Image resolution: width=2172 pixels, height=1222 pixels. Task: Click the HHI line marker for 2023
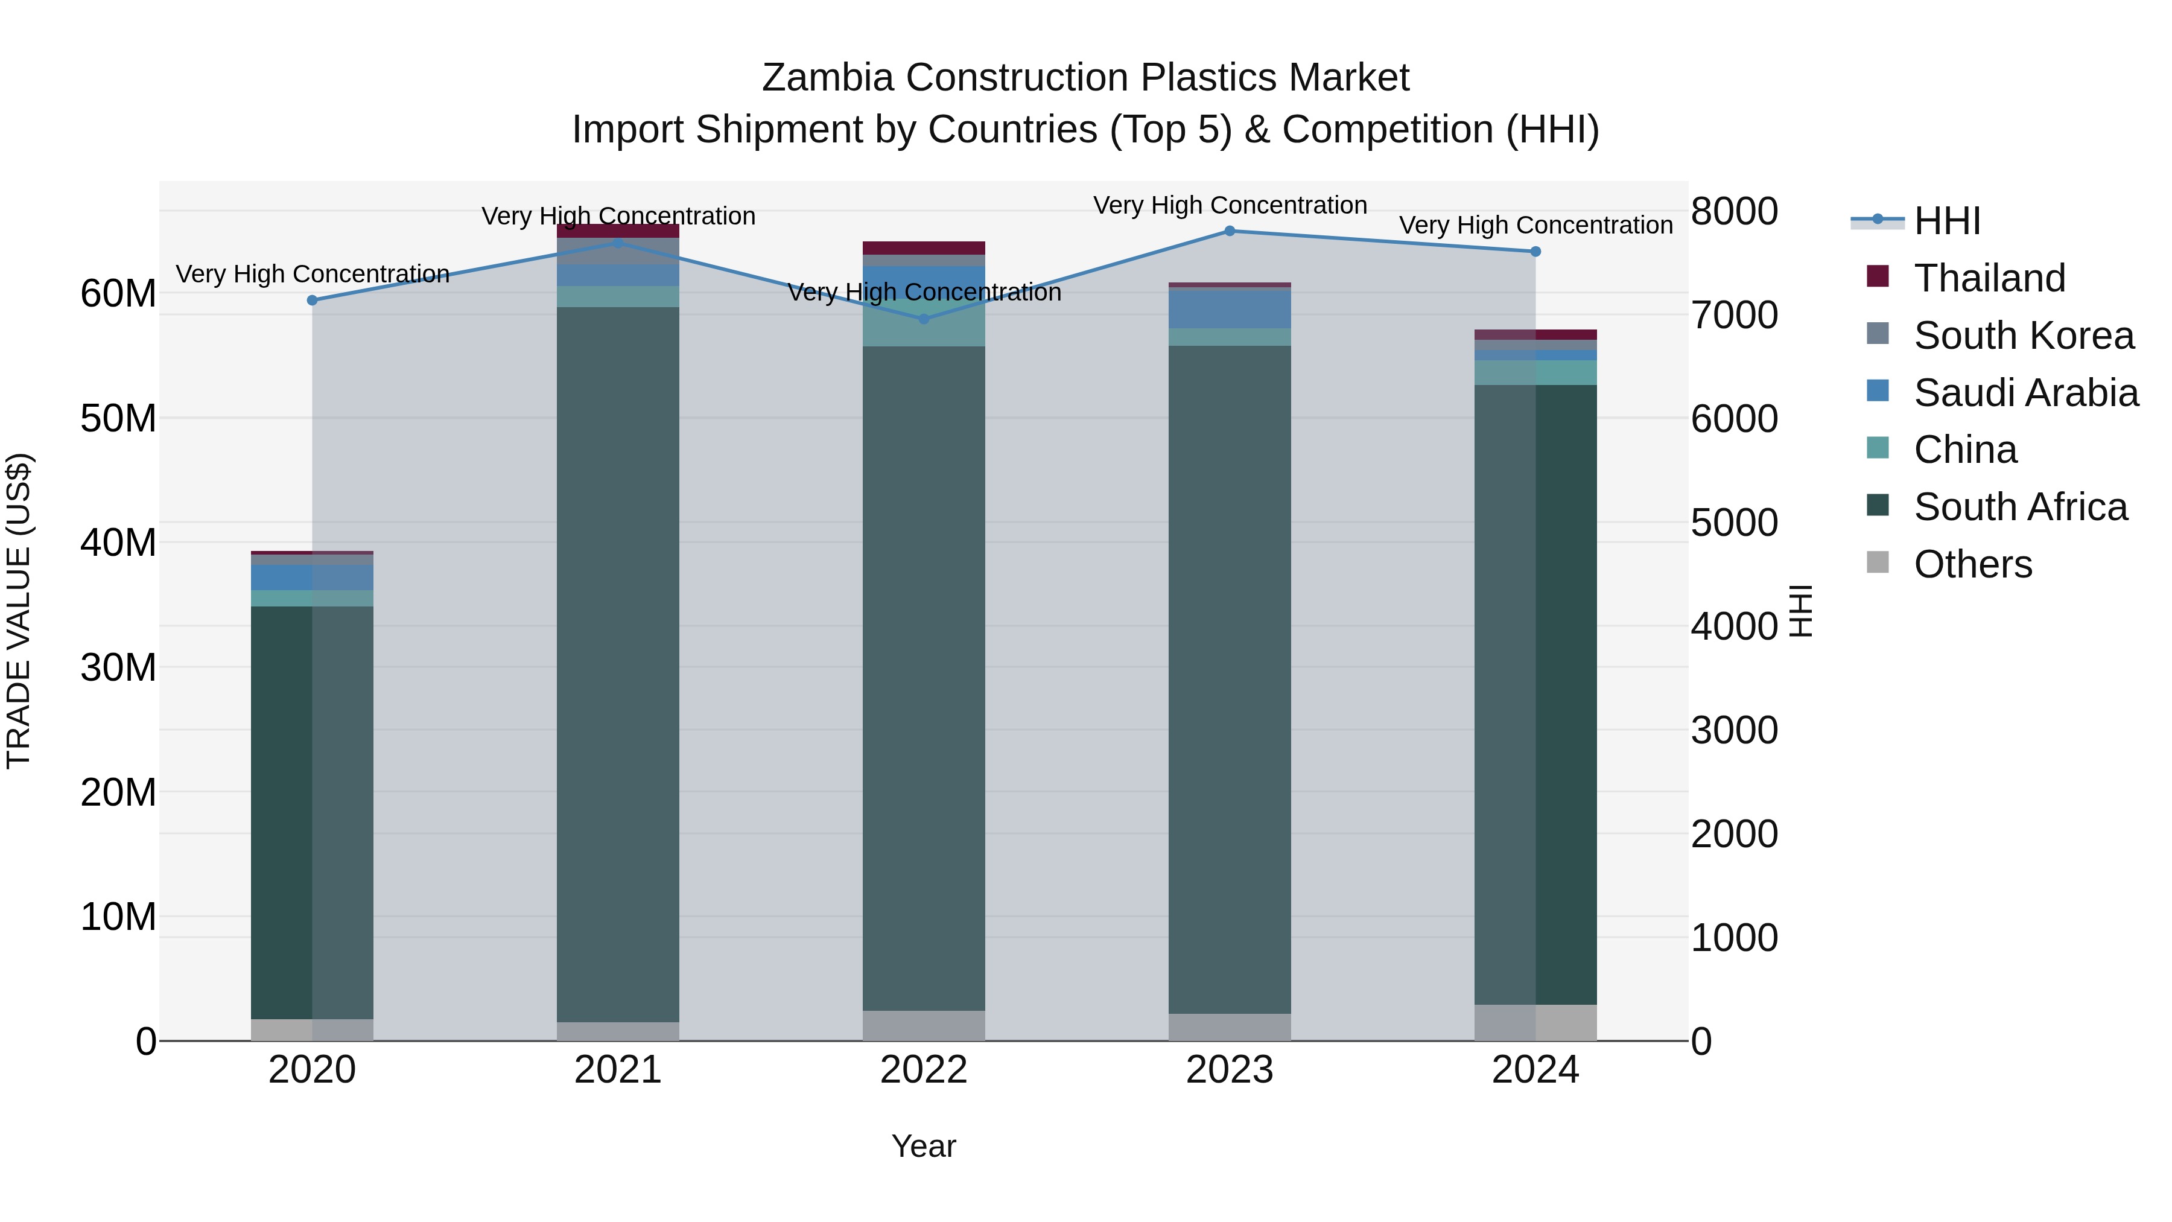[x=1230, y=231]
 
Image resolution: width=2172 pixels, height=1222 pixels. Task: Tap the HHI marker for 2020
[x=312, y=301]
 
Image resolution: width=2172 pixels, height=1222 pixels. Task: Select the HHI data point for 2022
[x=923, y=319]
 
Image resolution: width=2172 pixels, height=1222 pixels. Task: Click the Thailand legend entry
[x=1990, y=278]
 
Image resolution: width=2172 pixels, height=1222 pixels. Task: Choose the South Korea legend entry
[x=2024, y=336]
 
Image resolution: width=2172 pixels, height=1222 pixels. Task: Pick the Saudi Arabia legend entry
[x=2025, y=393]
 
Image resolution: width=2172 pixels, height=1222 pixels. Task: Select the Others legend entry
[x=1973, y=564]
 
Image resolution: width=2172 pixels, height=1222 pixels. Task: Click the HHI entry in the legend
[x=1948, y=221]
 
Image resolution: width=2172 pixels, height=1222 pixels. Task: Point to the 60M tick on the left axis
[x=118, y=293]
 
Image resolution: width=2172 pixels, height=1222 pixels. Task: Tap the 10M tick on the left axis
[x=118, y=917]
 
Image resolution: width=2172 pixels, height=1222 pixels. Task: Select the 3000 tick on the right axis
[x=1735, y=730]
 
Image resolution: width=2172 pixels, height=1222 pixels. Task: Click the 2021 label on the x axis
[x=618, y=1070]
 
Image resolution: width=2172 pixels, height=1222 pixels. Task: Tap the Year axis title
[x=923, y=1146]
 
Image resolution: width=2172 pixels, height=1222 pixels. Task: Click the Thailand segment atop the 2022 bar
[x=923, y=248]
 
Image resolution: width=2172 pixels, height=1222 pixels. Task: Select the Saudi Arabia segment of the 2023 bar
[x=1230, y=308]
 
